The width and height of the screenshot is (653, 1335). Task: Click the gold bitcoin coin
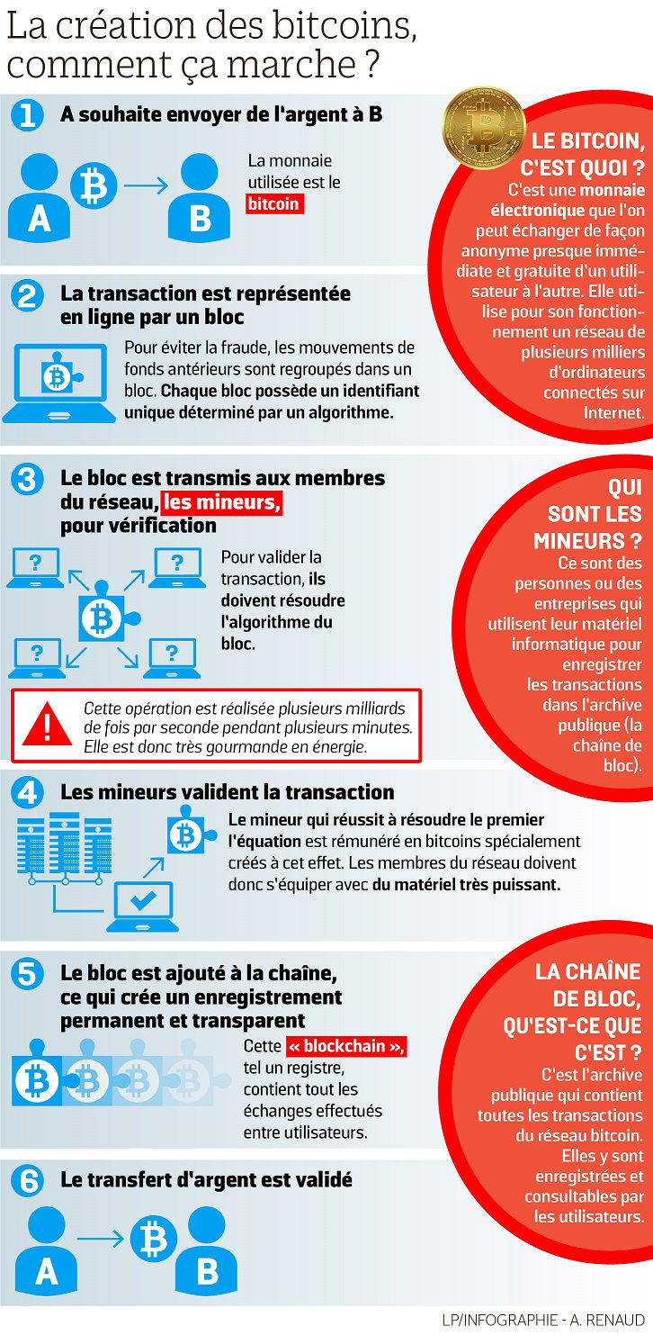(483, 127)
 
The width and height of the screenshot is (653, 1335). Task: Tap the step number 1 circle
(28, 115)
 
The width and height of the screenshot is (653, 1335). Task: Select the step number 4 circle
(28, 792)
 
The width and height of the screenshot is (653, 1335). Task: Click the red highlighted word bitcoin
(273, 204)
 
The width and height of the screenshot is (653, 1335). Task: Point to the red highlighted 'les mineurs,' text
(221, 502)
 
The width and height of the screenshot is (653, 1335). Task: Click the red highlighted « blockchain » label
(346, 1047)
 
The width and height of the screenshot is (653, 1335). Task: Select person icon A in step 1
(38, 195)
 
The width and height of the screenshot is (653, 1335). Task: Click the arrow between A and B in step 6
(101, 1240)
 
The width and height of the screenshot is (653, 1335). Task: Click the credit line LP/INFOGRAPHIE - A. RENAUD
(542, 1320)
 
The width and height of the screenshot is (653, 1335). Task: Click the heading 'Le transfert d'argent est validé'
(206, 1179)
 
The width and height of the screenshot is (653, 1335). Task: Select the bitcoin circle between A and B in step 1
(94, 186)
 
